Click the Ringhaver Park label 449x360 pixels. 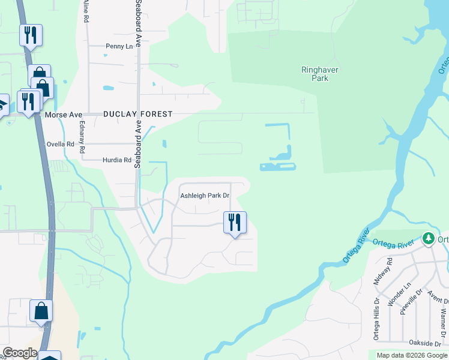tap(320, 74)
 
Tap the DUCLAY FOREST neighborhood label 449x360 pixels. tap(137, 114)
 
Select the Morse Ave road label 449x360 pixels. tap(63, 114)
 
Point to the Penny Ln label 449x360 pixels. tap(118, 46)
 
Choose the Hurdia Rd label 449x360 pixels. tap(116, 160)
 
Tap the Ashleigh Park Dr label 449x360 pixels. tap(205, 196)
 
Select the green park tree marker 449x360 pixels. tap(428, 239)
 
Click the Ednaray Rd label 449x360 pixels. tap(82, 137)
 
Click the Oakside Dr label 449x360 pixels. tap(426, 343)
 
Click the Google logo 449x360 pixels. tap(20, 353)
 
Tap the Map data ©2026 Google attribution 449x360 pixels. tap(412, 355)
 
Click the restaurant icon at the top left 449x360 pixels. tap(31, 35)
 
